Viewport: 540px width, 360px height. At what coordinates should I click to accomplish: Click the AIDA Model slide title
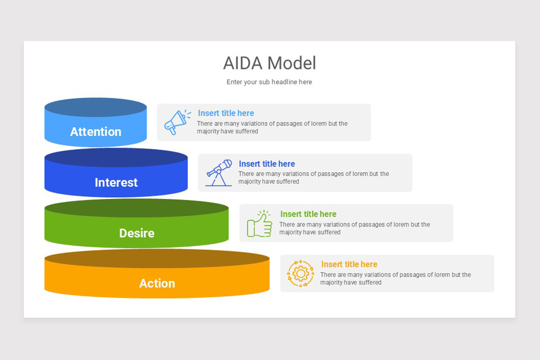(270, 63)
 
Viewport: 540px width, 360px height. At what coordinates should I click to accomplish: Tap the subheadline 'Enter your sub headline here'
(269, 82)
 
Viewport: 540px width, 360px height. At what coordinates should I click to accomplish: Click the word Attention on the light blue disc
(95, 132)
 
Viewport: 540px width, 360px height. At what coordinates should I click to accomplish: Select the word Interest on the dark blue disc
(116, 182)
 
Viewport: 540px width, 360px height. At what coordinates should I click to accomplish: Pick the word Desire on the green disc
(136, 233)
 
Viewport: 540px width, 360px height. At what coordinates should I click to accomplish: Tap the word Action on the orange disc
(157, 283)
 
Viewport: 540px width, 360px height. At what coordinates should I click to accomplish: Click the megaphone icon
(176, 122)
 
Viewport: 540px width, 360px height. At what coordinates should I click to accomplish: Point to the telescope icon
(219, 172)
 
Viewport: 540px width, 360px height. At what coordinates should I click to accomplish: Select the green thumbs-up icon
(260, 223)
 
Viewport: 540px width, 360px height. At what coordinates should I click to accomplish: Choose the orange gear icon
(301, 274)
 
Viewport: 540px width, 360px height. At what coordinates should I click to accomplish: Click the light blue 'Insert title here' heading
(226, 113)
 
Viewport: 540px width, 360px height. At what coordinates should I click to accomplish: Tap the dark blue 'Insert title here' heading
(267, 164)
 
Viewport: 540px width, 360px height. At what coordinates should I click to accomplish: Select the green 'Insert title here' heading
(308, 214)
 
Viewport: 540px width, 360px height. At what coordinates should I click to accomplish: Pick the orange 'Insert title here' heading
(349, 265)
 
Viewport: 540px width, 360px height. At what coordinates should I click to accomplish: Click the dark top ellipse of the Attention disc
(95, 108)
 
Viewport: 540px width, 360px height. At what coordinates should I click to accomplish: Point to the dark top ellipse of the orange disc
(157, 259)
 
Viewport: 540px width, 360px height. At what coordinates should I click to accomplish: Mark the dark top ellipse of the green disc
(136, 208)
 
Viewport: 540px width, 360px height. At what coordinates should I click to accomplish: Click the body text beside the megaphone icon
(272, 127)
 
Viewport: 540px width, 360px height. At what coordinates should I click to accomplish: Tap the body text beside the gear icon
(395, 279)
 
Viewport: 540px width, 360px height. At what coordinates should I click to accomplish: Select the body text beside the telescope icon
(313, 178)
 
